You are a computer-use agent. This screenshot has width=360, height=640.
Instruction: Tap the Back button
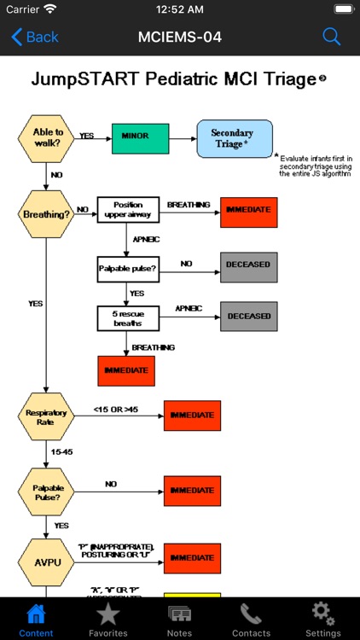click(x=35, y=37)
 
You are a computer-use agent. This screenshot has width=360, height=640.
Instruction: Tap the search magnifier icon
click(x=331, y=37)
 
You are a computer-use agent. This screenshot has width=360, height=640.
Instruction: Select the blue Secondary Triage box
click(x=235, y=138)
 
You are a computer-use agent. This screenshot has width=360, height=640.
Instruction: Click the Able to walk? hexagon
click(x=48, y=137)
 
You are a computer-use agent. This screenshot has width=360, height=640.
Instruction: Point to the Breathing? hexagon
click(x=48, y=213)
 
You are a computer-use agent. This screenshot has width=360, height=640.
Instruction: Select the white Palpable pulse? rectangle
click(x=128, y=269)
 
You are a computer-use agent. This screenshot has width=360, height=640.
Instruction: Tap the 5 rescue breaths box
click(x=128, y=317)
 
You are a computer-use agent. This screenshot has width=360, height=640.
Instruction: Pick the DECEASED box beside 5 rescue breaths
click(x=248, y=316)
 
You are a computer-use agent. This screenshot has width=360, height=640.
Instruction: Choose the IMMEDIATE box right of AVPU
click(x=192, y=558)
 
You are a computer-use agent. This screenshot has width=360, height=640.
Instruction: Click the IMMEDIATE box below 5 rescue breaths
click(x=126, y=370)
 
